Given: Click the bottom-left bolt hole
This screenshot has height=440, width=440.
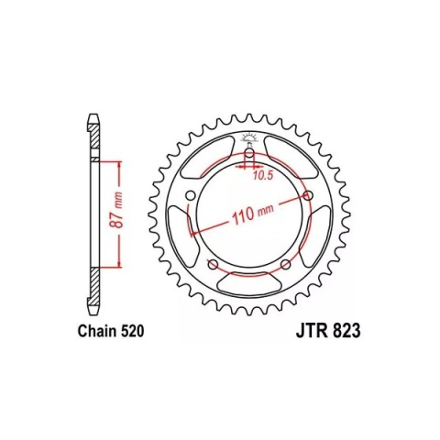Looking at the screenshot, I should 212,265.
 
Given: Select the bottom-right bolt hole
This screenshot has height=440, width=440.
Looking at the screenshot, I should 283,265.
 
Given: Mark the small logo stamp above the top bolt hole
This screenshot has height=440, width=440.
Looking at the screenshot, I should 247,140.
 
